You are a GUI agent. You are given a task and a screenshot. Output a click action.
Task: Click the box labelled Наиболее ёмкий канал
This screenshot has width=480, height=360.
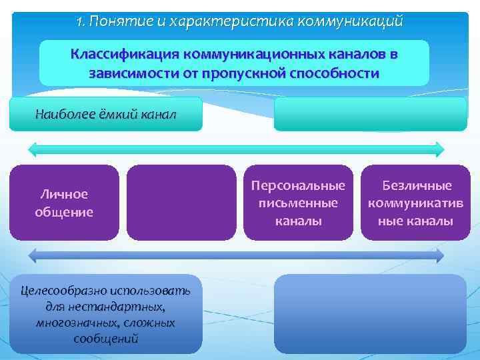click(x=106, y=114)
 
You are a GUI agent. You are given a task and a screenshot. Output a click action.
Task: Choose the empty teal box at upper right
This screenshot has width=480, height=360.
click(x=370, y=114)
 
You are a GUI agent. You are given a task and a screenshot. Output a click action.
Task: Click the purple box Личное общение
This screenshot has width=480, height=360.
click(x=64, y=203)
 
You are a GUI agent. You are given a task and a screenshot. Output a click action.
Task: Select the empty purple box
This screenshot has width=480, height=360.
click(x=181, y=203)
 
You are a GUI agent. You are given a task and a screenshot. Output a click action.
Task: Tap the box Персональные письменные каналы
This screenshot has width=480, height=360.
click(x=298, y=203)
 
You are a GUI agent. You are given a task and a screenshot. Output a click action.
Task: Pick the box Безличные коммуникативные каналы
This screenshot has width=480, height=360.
click(x=416, y=203)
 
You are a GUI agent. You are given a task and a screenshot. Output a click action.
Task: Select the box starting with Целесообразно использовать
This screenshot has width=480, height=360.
click(x=106, y=313)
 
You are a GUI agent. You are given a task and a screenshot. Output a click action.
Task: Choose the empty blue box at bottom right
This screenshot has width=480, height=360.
click(x=370, y=313)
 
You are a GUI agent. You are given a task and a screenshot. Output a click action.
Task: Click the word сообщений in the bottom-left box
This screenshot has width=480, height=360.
click(x=106, y=338)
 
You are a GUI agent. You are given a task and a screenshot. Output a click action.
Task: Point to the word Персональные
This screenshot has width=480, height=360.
click(x=298, y=186)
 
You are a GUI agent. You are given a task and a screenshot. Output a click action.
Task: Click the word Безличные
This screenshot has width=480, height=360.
click(x=416, y=186)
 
